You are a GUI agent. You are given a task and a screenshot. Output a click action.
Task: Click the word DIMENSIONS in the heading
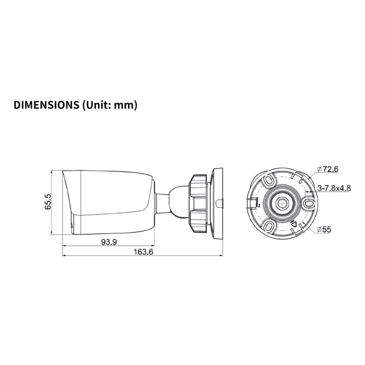[x=47, y=105]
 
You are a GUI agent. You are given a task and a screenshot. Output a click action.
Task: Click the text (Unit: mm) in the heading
[x=109, y=105]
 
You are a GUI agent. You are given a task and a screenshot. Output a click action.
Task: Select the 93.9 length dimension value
[x=109, y=242]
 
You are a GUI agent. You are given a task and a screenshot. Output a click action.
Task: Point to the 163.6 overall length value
[x=143, y=252]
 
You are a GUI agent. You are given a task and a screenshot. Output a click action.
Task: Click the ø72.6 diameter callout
[x=328, y=169]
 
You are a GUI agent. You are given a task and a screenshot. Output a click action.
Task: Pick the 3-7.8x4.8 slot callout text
[x=334, y=188]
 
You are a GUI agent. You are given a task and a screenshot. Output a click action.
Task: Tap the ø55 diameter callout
[x=324, y=229]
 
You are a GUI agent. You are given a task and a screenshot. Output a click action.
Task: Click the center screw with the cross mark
[x=282, y=204]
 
